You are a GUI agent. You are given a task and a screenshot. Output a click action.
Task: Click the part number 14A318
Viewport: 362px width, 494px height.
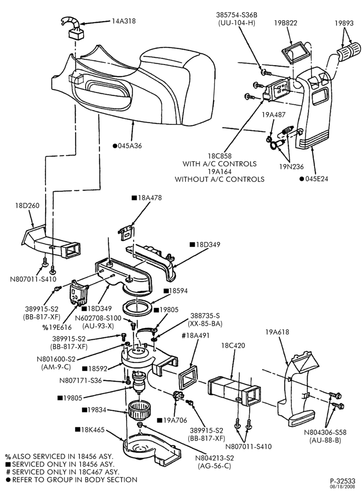[x=124, y=21]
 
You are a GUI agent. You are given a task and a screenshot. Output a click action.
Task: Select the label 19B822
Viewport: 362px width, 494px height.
[x=285, y=23]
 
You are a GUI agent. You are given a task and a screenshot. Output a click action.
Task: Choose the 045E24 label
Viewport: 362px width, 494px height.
[x=317, y=179]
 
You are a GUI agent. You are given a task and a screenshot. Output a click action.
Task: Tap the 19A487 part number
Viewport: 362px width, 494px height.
[x=273, y=115]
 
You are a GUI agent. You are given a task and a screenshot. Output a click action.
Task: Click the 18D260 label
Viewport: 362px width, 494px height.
[x=27, y=206]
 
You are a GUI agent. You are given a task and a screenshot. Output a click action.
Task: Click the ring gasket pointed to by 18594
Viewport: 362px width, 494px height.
[x=137, y=307]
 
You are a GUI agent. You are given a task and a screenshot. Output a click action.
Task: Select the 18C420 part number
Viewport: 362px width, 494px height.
[x=233, y=346]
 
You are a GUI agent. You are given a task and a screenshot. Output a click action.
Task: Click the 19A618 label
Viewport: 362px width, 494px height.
[x=277, y=332]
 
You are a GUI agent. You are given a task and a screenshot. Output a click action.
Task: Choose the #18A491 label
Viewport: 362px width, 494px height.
[x=195, y=335]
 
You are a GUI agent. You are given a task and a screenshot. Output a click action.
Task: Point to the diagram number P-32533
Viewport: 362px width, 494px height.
[x=342, y=481]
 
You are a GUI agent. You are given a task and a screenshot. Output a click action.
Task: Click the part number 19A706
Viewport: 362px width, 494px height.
[x=175, y=420]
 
